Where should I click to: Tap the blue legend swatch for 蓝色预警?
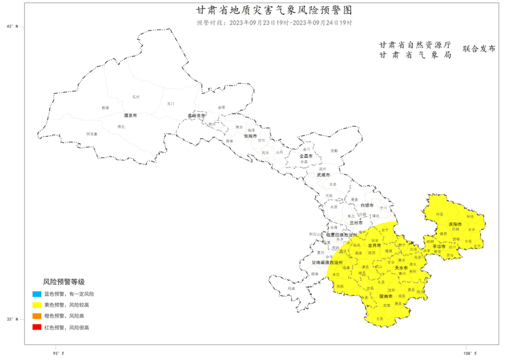37,294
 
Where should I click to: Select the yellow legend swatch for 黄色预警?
37,305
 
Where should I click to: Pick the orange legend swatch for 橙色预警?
37,316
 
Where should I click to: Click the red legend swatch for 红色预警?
37,327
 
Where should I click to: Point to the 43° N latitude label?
12,27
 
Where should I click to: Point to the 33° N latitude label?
12,319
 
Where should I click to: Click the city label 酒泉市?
131,115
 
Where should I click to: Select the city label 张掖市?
250,136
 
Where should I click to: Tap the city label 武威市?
322,175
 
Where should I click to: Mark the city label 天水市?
401,268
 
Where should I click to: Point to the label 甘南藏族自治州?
328,263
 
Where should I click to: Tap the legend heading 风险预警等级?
64,281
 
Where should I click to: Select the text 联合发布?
478,49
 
